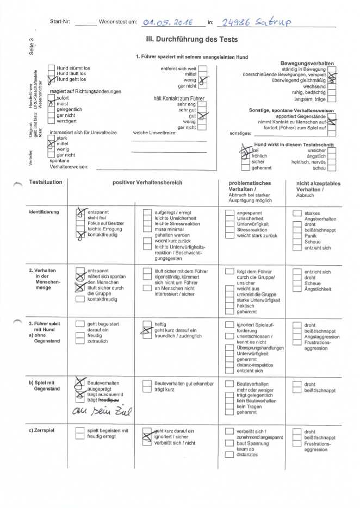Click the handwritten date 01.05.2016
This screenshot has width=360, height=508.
167,22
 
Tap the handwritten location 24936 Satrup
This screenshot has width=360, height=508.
255,22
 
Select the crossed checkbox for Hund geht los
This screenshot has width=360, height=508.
51,80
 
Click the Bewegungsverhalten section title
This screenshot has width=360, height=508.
307,64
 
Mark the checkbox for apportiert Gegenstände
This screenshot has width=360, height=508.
332,116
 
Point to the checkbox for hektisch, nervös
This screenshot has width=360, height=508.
332,162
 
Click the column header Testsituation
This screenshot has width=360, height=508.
46,183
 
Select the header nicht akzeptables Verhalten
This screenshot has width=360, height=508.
318,186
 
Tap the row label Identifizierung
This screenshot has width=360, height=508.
44,211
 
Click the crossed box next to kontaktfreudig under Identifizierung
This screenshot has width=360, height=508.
80,235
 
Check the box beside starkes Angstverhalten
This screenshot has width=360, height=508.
297,213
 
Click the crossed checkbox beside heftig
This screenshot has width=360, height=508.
146,327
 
